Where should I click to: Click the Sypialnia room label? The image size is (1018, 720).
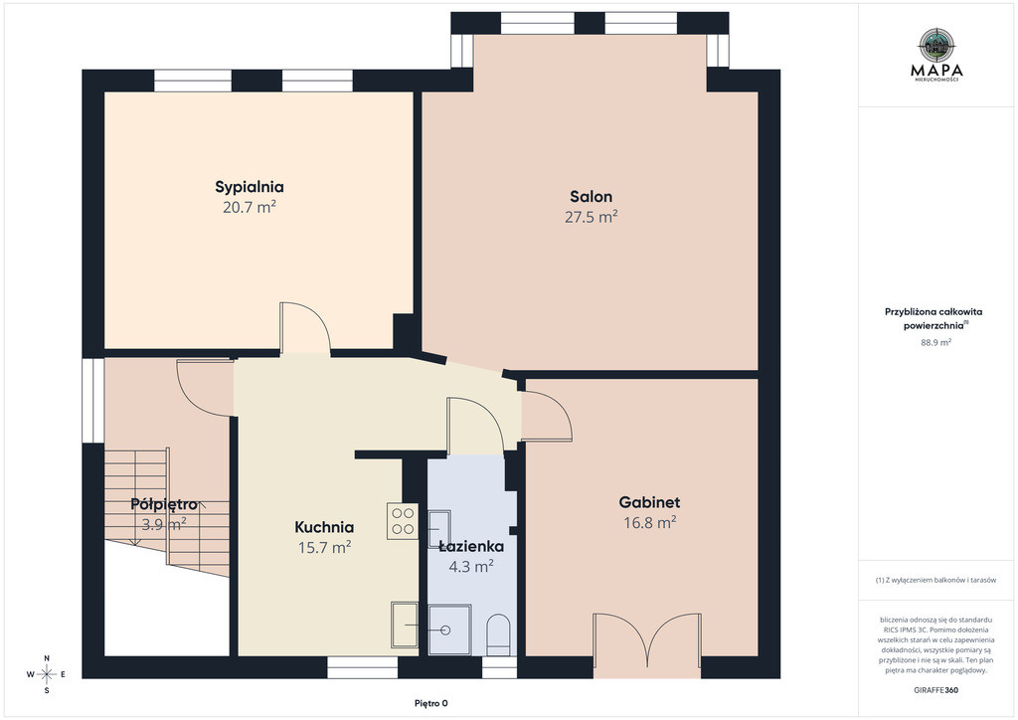coord(250,187)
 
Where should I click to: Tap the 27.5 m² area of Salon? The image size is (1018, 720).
coord(591,217)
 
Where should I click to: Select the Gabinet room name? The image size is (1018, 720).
coord(649,502)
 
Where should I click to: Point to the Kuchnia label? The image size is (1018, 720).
coord(324,527)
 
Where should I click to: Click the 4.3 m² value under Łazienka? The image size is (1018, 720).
coord(471,566)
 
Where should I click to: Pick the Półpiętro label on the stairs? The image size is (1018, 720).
coord(164,504)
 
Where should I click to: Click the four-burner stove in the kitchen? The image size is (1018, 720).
coord(403,521)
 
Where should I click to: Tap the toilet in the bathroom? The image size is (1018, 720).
coord(499,634)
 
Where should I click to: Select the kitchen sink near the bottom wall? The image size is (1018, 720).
coord(405,624)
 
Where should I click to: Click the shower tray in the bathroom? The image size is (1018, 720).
coord(449,630)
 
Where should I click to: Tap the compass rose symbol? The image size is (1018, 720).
coord(46,674)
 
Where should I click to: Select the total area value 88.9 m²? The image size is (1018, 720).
coord(936,342)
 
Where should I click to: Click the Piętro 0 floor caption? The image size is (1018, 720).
coord(431,703)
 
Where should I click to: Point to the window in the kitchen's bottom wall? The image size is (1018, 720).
coord(362,667)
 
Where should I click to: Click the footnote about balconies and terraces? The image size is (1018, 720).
coord(935,580)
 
